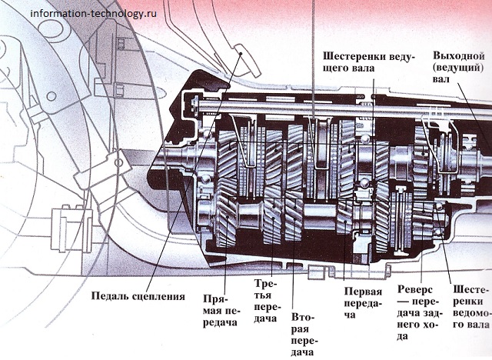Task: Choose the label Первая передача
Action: coord(362,303)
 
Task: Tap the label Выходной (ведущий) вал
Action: coord(458,67)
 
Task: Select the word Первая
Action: coord(362,292)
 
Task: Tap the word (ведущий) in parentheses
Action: coord(458,67)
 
